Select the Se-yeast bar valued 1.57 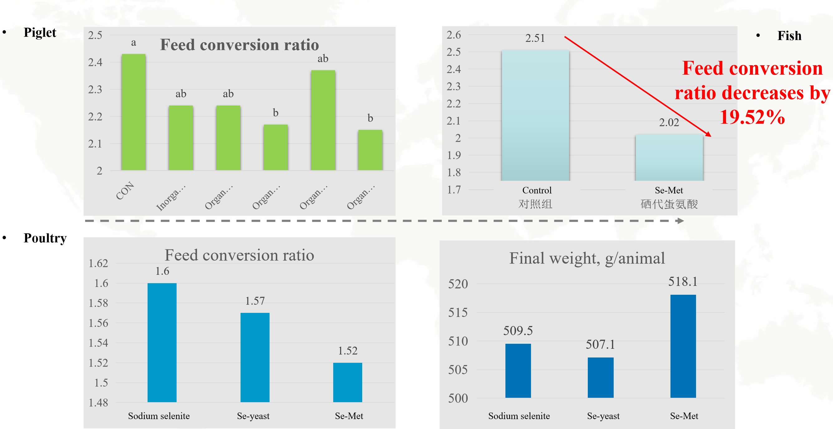(x=255, y=357)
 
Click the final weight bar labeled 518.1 (x=683, y=346)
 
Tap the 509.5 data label (x=518, y=331)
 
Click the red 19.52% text (x=752, y=117)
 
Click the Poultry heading (x=45, y=238)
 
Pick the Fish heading (x=789, y=36)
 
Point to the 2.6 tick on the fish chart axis (x=454, y=35)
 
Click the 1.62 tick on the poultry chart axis (x=98, y=263)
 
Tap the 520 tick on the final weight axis (x=458, y=284)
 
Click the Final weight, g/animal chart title (x=587, y=258)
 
